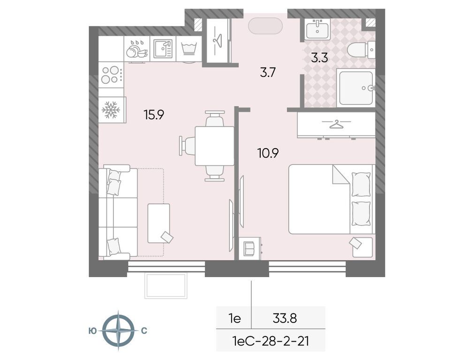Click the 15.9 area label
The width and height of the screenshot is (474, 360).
coord(154,115)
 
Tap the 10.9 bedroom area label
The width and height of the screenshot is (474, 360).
coord(268,153)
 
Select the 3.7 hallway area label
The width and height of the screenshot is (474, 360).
coord(268,73)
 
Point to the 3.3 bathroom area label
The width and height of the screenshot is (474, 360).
coord(320,58)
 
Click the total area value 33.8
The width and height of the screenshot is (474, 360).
coord(285,318)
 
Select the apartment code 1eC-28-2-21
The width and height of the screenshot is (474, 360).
coord(271,341)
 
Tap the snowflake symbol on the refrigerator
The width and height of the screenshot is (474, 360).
coord(111,110)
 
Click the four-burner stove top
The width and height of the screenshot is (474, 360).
coord(111,75)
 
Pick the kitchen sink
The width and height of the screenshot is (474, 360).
coord(163,48)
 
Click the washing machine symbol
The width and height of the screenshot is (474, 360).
coord(189,48)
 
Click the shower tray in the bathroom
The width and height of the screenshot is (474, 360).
coord(356,87)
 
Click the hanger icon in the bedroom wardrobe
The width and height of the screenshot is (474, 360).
coord(336,124)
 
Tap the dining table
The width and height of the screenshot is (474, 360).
coord(214,146)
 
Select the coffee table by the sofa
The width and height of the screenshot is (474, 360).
coord(159,224)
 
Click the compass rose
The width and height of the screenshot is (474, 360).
coord(118,330)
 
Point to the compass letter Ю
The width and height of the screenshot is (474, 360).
coord(93,331)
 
